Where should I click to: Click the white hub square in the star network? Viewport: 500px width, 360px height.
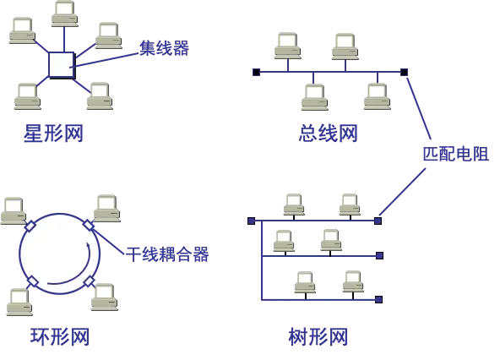pyautogui.click(x=61, y=64)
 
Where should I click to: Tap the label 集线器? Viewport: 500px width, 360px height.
pyautogui.click(x=163, y=49)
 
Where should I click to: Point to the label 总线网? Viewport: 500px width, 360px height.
pyautogui.click(x=328, y=133)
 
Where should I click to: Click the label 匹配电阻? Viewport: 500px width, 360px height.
pyautogui.click(x=455, y=153)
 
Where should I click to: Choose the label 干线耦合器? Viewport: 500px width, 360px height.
pyautogui.click(x=168, y=254)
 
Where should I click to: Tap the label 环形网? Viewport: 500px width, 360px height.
pyautogui.click(x=60, y=337)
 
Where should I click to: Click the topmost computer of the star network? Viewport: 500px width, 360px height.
pyautogui.click(x=64, y=12)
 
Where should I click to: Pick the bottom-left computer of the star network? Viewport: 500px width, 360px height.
pyautogui.click(x=26, y=95)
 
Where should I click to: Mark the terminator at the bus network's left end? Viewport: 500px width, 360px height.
pyautogui.click(x=256, y=72)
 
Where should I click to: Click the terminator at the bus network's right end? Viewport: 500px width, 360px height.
pyautogui.click(x=405, y=72)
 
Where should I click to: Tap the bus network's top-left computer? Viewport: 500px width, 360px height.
pyautogui.click(x=286, y=43)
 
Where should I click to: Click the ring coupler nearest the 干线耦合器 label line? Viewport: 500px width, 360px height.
pyautogui.click(x=88, y=226)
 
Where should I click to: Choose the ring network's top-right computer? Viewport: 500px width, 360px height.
pyautogui.click(x=105, y=205)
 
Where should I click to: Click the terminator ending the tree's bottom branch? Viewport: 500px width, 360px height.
pyautogui.click(x=379, y=299)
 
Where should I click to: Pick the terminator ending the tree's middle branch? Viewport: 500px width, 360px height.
pyautogui.click(x=379, y=255)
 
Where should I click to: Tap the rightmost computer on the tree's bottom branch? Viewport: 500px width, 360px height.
pyautogui.click(x=351, y=283)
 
